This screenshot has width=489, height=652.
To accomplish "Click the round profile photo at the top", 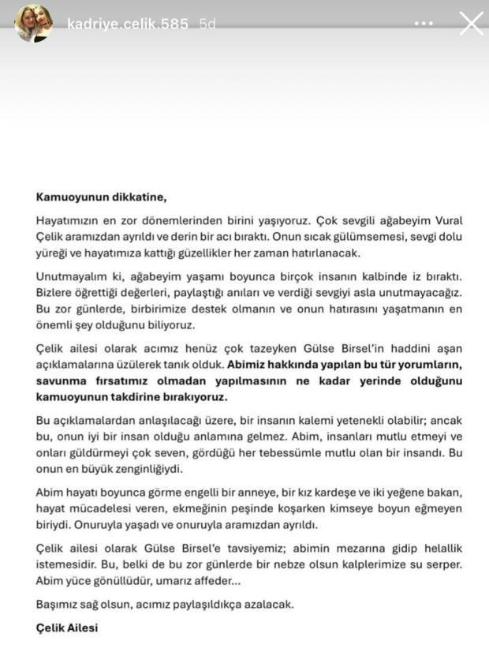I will click(x=33, y=23).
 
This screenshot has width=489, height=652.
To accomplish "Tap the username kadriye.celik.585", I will click(x=128, y=24).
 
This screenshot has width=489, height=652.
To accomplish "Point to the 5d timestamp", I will click(x=207, y=24).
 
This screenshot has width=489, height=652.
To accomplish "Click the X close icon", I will click(x=471, y=23).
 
